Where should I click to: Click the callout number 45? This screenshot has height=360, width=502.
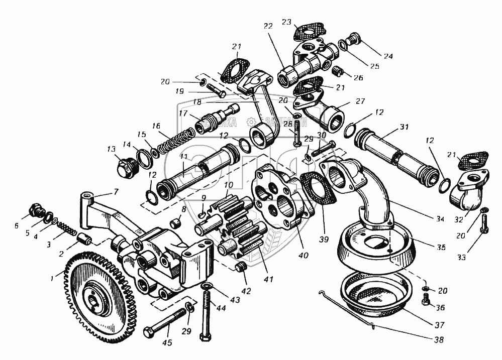(x=167, y=343)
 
